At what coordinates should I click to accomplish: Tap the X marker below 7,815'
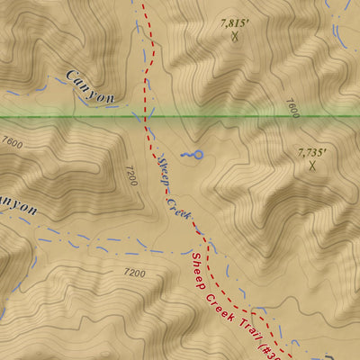coord(235,37)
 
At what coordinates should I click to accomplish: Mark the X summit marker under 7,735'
coord(312,166)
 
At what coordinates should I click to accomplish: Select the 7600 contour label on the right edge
coord(290,108)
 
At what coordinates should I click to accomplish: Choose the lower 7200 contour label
coord(134,272)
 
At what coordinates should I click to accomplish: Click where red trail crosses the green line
coord(145,116)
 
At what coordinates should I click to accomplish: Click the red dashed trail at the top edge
coord(142,3)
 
